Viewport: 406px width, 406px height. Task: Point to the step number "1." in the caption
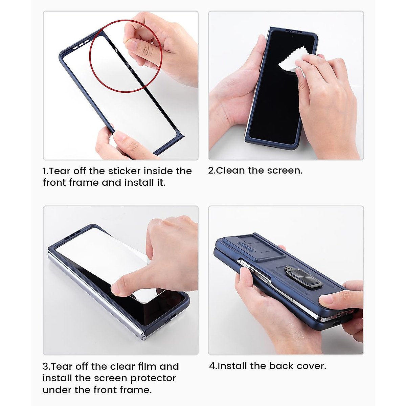tap(46, 171)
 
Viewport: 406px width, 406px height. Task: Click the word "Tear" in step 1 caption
tap(60, 171)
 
